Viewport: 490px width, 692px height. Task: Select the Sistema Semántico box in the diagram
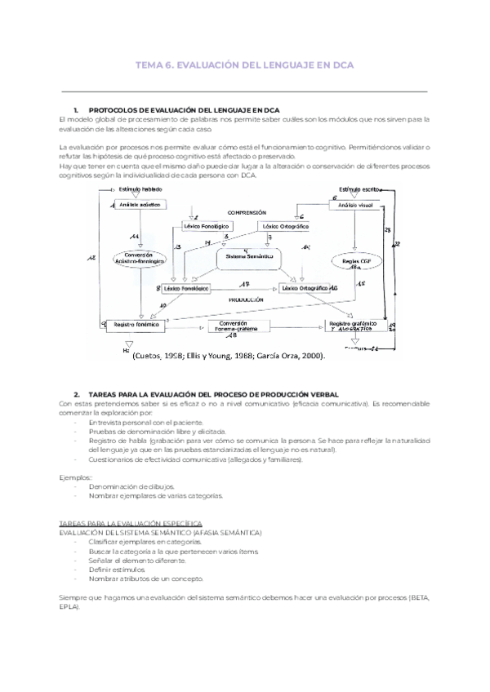click(x=248, y=257)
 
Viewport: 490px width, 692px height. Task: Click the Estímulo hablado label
click(x=140, y=189)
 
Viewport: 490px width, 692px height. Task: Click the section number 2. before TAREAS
click(x=76, y=394)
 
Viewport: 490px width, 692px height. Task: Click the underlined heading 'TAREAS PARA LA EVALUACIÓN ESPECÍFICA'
click(x=131, y=522)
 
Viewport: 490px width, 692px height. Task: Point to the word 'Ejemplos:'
click(x=77, y=477)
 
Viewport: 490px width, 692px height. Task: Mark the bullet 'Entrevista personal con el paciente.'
click(x=146, y=423)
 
